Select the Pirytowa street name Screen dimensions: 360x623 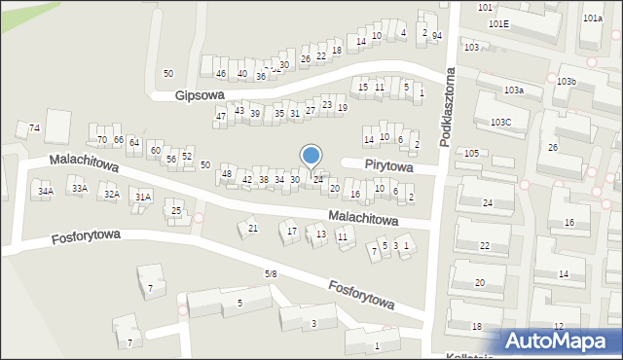[389, 167]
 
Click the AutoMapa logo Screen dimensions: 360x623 [561, 341]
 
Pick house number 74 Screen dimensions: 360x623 [34, 128]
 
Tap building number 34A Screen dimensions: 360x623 [45, 192]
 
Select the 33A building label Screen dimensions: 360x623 [79, 189]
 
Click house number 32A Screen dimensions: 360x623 [112, 195]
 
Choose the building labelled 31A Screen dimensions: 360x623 [143, 198]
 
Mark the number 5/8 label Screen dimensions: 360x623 [271, 274]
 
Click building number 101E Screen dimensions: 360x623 [499, 23]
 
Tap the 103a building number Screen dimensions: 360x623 [514, 90]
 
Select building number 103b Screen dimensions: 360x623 [568, 82]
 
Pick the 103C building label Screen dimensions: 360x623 [501, 122]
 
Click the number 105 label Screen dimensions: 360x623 [471, 154]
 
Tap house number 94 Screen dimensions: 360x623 [437, 36]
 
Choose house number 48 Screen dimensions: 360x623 [227, 174]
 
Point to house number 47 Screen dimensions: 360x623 [221, 117]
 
